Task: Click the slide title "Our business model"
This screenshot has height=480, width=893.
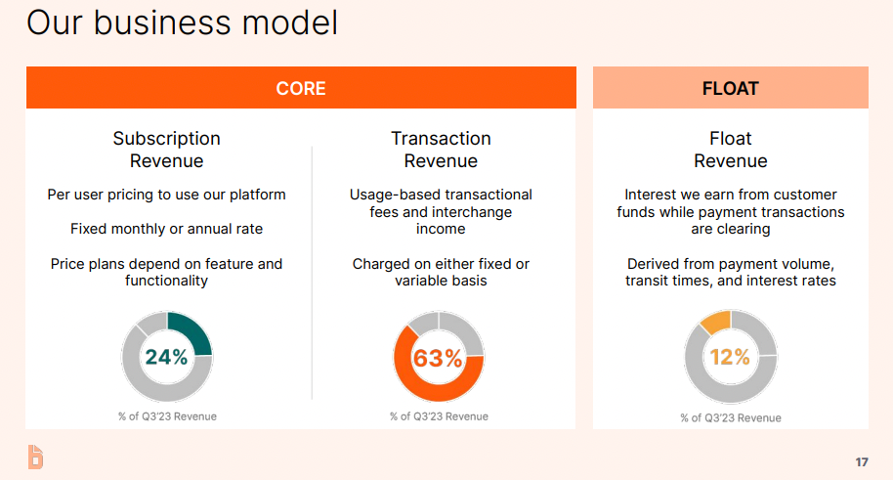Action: tap(183, 23)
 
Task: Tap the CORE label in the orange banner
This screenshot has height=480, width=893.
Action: tap(301, 88)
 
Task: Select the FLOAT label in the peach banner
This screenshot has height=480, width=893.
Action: tap(731, 88)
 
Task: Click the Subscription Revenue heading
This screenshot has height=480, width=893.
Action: tap(166, 150)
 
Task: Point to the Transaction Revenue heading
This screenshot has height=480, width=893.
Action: tap(441, 150)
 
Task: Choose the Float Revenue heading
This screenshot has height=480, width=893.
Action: tap(731, 150)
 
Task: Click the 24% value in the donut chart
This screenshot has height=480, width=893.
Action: tap(166, 357)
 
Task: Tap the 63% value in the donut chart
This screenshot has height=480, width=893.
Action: tap(438, 358)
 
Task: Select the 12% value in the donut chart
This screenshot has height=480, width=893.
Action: tap(730, 357)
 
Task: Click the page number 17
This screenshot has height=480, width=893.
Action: tap(862, 461)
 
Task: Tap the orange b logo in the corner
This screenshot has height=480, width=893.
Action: tap(35, 457)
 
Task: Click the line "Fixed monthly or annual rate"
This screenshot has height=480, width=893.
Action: tap(166, 229)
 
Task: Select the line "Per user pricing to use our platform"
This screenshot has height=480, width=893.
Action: tap(166, 195)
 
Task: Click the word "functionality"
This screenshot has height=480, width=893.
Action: tap(166, 281)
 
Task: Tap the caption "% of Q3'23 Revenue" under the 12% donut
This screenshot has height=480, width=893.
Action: tap(731, 417)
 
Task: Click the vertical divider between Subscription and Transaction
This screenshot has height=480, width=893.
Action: tap(312, 273)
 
